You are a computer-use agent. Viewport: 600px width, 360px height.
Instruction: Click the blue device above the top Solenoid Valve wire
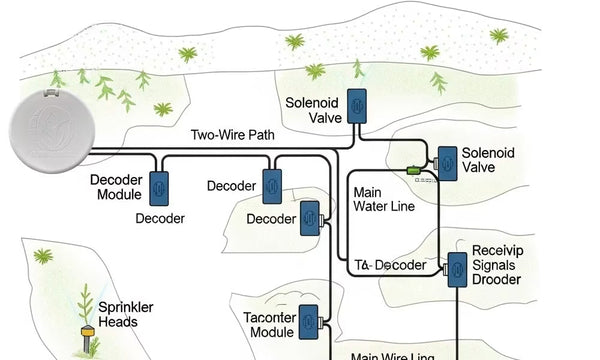tap(356, 104)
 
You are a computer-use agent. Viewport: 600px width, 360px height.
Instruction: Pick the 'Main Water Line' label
tap(380, 197)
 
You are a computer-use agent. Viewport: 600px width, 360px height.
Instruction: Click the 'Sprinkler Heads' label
tap(118, 314)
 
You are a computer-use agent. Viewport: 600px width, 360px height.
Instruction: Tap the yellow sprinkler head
tap(87, 330)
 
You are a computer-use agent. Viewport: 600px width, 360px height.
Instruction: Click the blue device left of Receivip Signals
tap(457, 268)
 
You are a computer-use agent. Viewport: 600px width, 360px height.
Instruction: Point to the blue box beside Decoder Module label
tap(158, 187)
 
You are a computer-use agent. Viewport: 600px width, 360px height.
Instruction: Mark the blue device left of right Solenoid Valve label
tap(445, 162)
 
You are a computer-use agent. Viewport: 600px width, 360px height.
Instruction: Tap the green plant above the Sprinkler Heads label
tap(42, 257)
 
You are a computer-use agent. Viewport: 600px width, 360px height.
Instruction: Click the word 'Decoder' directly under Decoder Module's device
tap(160, 218)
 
